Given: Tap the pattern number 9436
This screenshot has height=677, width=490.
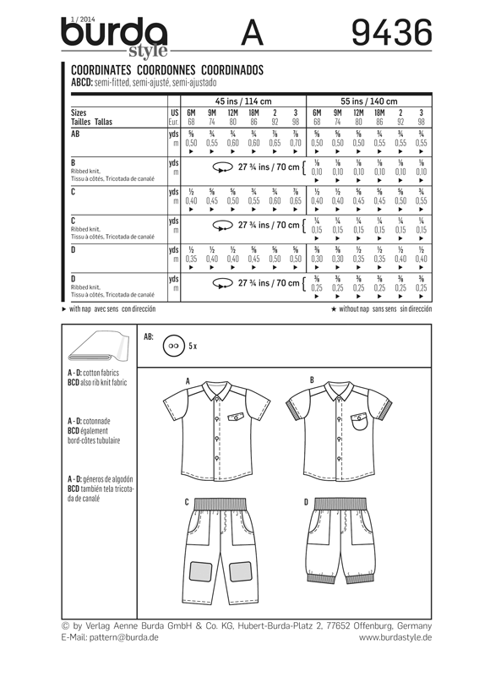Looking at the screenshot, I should tap(391, 33).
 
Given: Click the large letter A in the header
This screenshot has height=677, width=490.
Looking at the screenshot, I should tap(253, 33).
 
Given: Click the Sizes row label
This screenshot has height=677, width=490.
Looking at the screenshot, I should tap(80, 112).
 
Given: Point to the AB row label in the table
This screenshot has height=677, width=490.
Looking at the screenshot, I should tap(76, 134).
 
